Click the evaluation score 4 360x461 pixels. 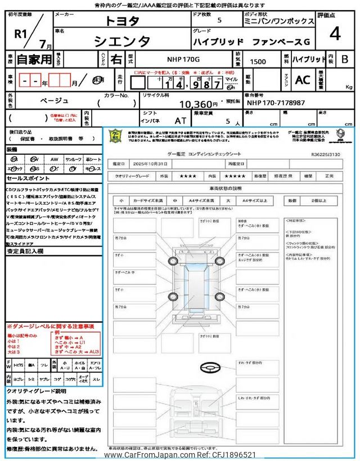pyautogui.click(x=335, y=35)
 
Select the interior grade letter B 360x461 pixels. pyautogui.click(x=345, y=59)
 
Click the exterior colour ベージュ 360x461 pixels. pyautogui.click(x=54, y=100)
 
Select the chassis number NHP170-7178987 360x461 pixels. pyautogui.click(x=276, y=104)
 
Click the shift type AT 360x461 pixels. pyautogui.click(x=181, y=120)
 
